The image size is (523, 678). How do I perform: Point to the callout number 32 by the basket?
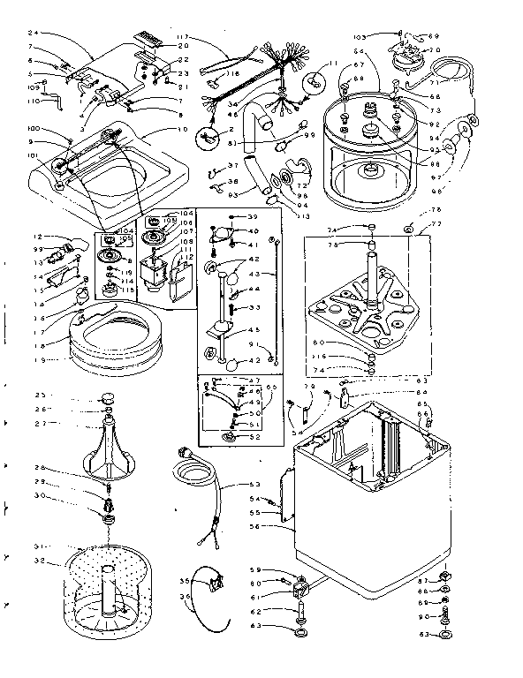(39, 561)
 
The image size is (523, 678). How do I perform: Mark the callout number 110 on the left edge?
(34, 102)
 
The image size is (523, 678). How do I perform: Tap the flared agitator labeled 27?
(106, 446)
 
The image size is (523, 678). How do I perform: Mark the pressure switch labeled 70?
(407, 54)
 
